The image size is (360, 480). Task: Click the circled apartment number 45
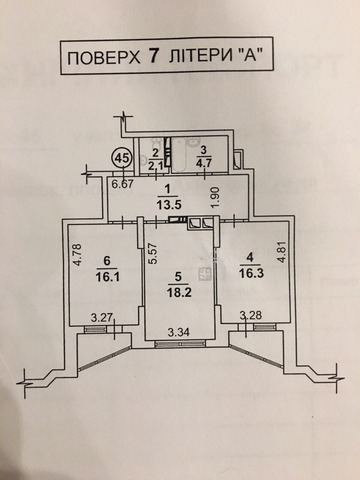pos(122,158)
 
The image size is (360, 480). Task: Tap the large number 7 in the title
pos(153,57)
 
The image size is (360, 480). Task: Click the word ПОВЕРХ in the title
pos(104,58)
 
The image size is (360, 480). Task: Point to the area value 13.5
pos(169,204)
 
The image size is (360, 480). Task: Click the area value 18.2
pos(179,292)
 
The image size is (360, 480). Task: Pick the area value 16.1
pos(107,277)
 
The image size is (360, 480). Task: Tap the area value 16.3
pos(251,273)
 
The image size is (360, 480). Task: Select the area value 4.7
pos(203,164)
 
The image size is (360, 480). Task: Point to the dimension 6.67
pos(122,184)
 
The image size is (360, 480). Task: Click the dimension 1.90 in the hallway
pos(216,198)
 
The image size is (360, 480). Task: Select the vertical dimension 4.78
pos(77,255)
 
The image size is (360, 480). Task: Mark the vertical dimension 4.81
pos(282,250)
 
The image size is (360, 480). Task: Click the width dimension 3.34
pos(179,332)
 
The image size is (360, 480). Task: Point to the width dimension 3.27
pos(102,317)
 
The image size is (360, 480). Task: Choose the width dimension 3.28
pos(252,315)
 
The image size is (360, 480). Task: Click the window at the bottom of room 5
pos(180,344)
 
